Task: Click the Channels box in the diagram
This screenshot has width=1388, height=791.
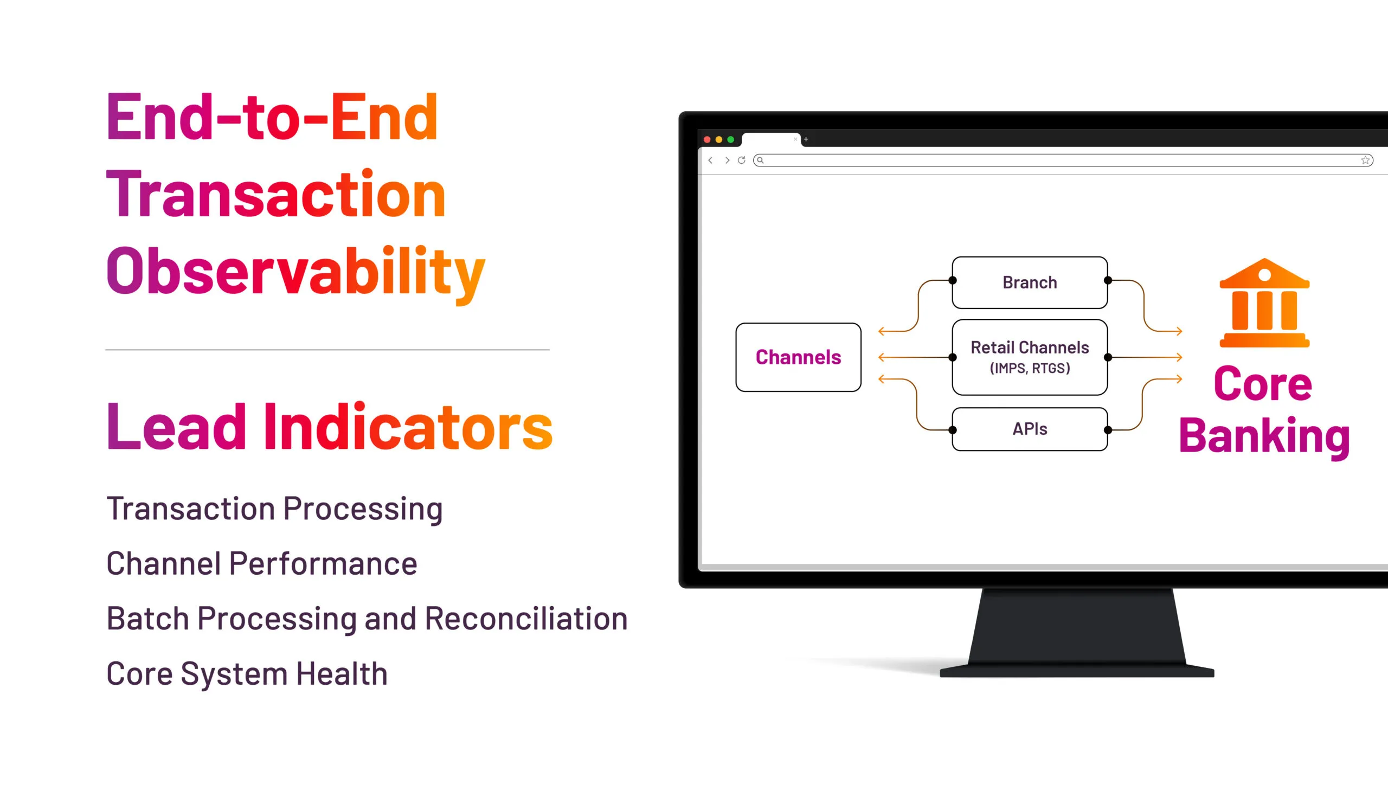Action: coord(798,357)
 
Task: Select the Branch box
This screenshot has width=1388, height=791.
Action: coord(1030,282)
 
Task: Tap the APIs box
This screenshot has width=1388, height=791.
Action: coord(1030,429)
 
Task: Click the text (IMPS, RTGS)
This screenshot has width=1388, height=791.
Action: coord(1030,368)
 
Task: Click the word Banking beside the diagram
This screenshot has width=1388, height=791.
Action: coord(1264,436)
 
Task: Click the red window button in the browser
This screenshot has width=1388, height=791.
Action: coord(707,140)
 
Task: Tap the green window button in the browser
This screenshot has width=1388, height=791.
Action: coord(731,140)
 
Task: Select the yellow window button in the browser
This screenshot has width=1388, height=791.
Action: coord(719,140)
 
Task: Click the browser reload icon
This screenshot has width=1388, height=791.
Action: coord(742,160)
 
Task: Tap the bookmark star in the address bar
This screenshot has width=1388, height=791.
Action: coord(1365,160)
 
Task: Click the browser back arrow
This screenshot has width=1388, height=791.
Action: coord(711,160)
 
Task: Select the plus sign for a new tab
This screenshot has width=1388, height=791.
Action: coord(806,140)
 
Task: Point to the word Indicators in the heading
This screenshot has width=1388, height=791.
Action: coord(408,427)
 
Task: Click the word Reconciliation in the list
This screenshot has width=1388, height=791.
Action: coord(526,618)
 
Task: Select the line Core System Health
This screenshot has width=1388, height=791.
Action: coord(247,674)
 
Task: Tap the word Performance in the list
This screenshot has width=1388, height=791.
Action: coord(323,563)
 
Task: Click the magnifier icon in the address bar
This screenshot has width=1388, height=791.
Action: coord(761,160)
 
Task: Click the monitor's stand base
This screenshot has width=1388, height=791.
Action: coord(1077,672)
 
